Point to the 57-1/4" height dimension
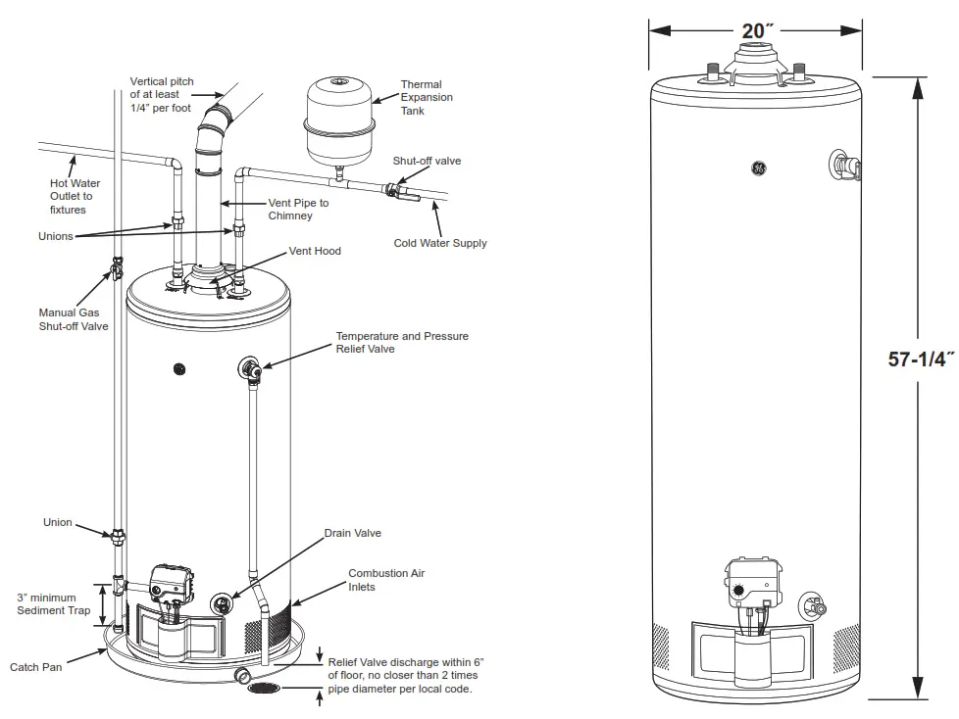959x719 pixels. coord(921,359)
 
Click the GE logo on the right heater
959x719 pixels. coord(758,168)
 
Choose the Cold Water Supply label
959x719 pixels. coord(440,243)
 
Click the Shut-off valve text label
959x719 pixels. coord(427,161)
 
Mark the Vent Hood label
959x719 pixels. coord(315,252)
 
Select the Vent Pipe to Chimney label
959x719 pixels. coord(299,209)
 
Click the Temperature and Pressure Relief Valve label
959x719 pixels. coord(402,342)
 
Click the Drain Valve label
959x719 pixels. coord(353,534)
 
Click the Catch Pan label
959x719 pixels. coord(36,668)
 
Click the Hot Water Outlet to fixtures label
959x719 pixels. coord(76,196)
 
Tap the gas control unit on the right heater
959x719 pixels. coord(754,586)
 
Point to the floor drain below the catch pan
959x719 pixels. coord(264,689)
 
